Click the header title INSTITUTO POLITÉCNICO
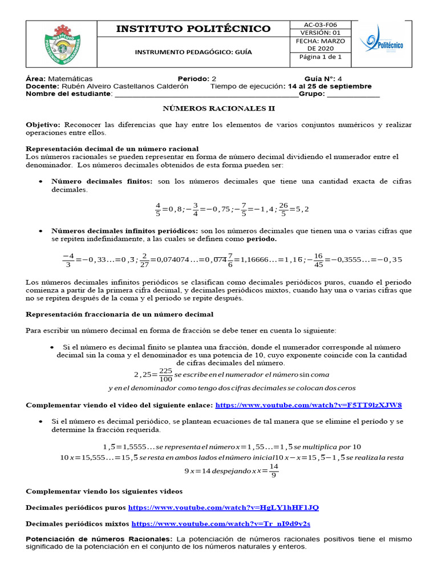pos(193,29)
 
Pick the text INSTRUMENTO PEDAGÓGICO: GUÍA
pos(193,52)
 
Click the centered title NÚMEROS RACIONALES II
pos(219,108)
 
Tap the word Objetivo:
pos(43,124)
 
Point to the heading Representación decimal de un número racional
pos(112,149)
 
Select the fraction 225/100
pos(166,375)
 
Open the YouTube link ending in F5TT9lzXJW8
pos(309,405)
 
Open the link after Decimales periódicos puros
pos(224,508)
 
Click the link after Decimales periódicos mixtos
pos(221,524)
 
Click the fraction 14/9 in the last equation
pos(274,471)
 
